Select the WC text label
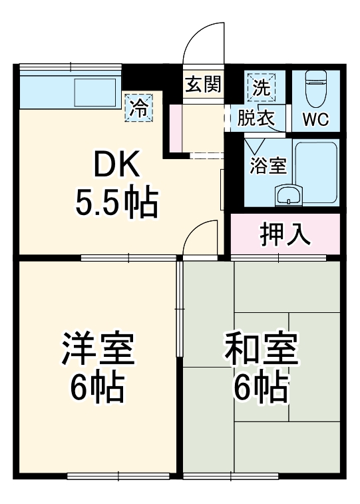(315, 120)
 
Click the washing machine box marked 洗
(260, 86)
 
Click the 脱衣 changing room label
(256, 119)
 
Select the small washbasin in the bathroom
(288, 195)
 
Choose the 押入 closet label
(284, 234)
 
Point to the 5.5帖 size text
(116, 204)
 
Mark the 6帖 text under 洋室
(98, 387)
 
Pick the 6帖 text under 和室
(261, 387)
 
